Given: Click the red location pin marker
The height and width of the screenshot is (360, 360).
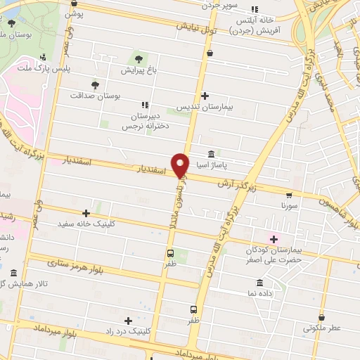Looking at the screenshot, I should pyautogui.click(x=181, y=165).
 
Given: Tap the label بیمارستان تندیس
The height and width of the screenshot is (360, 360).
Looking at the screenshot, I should pyautogui.click(x=203, y=107).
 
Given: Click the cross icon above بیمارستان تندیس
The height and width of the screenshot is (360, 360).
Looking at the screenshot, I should pyautogui.click(x=204, y=96).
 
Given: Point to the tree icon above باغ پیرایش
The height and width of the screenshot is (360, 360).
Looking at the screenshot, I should pyautogui.click(x=138, y=58).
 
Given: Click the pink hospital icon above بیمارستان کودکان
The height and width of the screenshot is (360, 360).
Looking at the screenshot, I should pyautogui.click(x=273, y=239).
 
